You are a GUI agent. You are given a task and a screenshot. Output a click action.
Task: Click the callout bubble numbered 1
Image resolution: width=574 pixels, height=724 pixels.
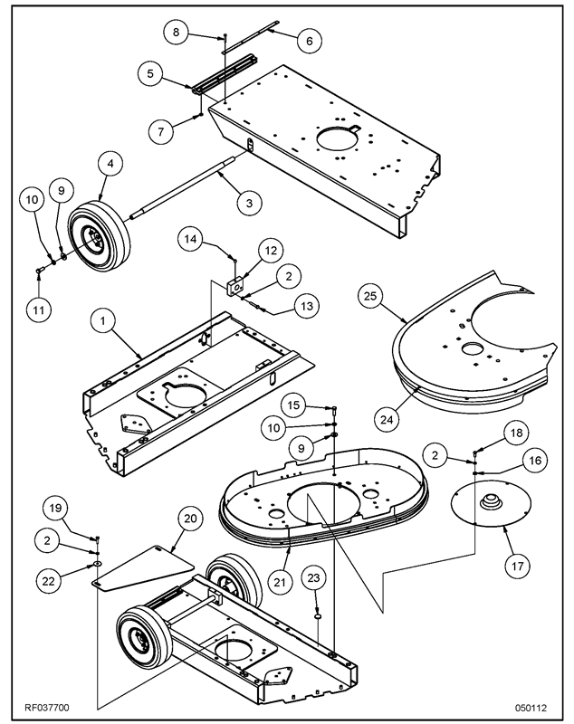pos(105,320)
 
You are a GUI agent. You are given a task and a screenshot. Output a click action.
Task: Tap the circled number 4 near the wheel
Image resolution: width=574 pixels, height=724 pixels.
pos(110,166)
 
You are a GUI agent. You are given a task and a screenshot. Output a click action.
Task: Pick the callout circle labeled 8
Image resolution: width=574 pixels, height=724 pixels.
pos(177,33)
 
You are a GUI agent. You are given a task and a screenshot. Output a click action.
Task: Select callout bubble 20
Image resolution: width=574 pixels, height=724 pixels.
pos(189,519)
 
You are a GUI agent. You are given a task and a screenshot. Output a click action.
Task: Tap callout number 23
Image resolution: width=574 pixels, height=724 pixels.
pos(313,577)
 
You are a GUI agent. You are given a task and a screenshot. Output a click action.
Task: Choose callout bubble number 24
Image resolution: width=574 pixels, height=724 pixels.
pos(387,418)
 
